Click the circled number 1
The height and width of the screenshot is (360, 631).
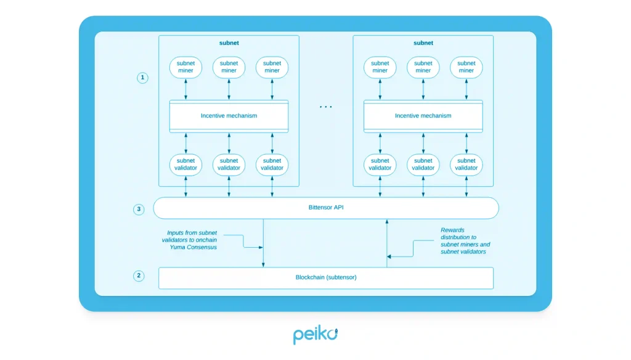(142, 78)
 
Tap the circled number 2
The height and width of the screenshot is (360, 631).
(139, 276)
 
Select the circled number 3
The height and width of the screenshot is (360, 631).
(139, 209)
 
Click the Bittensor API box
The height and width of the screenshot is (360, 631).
(325, 208)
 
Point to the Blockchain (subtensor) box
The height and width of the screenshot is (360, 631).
(325, 277)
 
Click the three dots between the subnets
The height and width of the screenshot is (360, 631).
(325, 107)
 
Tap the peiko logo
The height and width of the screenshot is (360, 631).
(315, 335)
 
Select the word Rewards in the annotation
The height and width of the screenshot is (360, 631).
(452, 230)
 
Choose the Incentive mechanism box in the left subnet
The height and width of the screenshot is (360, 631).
(229, 115)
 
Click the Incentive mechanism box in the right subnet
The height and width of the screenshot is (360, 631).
(423, 115)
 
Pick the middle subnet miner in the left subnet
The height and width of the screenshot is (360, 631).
(229, 67)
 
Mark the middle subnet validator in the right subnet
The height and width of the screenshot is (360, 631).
(423, 164)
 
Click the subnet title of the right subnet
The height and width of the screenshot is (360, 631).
(423, 43)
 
